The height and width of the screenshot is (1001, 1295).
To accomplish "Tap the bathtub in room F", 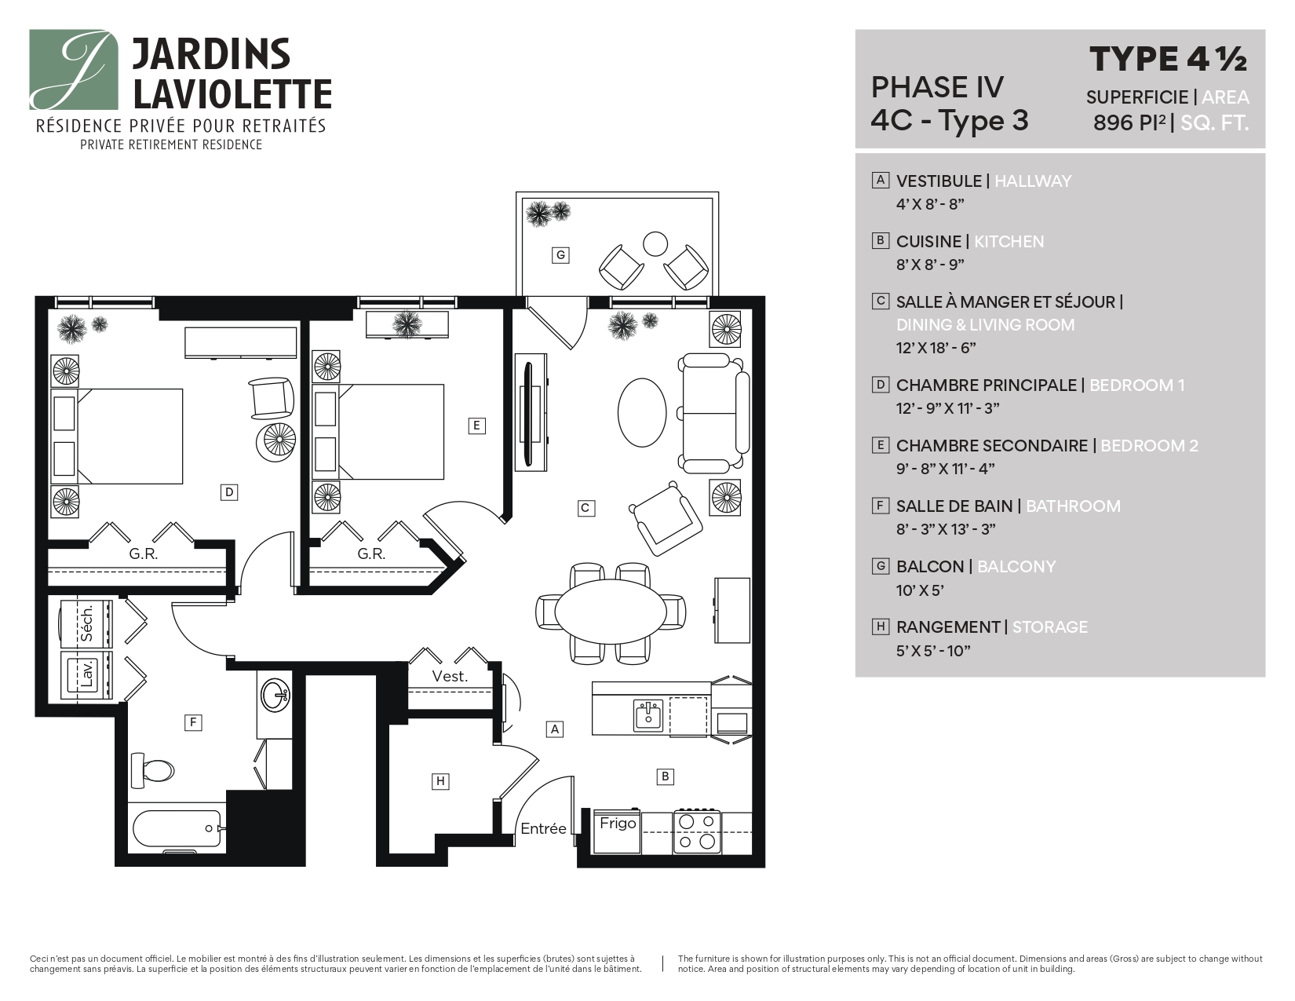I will (x=176, y=829).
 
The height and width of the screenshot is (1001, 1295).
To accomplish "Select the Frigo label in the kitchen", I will (x=618, y=824).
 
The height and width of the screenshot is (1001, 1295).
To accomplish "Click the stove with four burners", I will (x=697, y=832).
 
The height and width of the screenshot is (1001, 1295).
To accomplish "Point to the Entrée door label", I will (x=543, y=829).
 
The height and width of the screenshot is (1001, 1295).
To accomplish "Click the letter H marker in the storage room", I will (x=440, y=781).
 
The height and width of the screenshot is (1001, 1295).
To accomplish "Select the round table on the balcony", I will (x=655, y=244).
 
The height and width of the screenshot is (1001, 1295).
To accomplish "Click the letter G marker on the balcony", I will (x=560, y=255).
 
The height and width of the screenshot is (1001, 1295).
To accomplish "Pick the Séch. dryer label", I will (x=87, y=623).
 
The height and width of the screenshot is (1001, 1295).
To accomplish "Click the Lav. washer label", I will (x=87, y=674).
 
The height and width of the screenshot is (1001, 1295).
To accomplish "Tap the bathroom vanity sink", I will (x=275, y=694).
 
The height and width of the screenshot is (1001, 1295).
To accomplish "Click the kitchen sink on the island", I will (x=648, y=715).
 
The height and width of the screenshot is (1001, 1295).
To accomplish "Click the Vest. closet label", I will (x=450, y=676).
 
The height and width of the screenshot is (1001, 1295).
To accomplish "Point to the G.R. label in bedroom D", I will (x=144, y=554).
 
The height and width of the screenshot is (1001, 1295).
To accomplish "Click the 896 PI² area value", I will (x=1129, y=123).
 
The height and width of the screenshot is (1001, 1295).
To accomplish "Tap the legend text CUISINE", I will (x=928, y=242).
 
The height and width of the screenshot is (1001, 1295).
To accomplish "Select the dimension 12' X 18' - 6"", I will (x=936, y=348).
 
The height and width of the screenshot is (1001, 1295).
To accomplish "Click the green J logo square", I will (x=74, y=70).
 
